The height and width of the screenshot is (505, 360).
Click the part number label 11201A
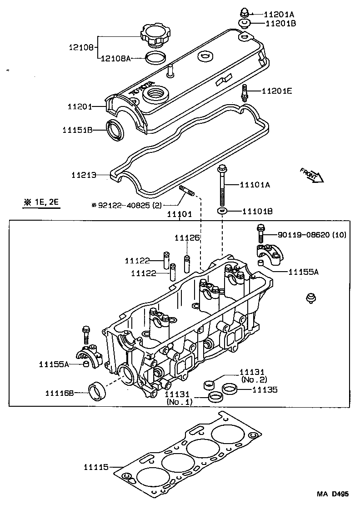tap(280, 14)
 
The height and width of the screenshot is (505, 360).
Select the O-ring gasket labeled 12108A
tap(155, 58)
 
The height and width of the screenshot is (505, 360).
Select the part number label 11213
tap(84, 174)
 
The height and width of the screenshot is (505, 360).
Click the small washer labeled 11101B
tap(222, 211)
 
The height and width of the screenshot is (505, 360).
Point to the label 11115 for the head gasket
tap(96, 466)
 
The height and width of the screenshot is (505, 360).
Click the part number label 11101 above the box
tap(179, 214)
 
